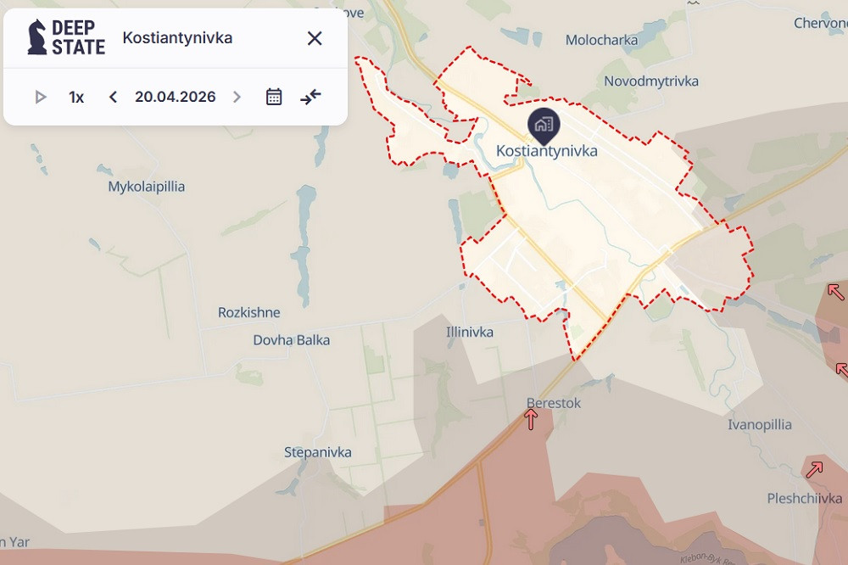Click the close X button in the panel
(315, 38)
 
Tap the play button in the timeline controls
(40, 97)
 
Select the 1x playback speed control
(76, 97)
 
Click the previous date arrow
(113, 97)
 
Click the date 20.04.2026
(175, 97)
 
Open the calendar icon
(274, 97)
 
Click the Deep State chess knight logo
(37, 37)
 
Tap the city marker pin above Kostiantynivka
(544, 126)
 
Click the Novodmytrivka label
(651, 81)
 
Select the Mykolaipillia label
(147, 187)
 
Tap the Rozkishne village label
(248, 312)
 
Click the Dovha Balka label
(292, 340)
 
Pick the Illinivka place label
(470, 332)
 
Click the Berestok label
(554, 403)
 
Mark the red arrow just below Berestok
(531, 418)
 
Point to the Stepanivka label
(318, 452)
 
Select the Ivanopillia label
(760, 425)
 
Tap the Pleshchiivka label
(805, 498)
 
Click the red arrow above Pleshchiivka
(814, 469)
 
